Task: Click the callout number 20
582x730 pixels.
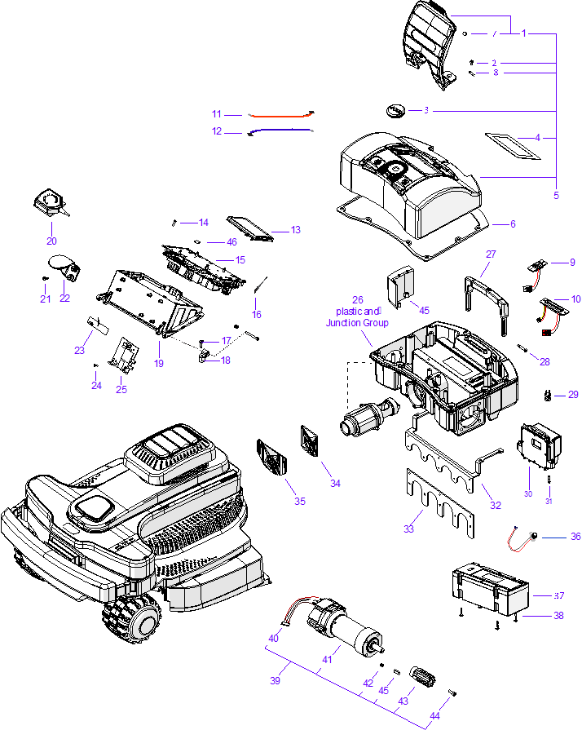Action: click(51, 241)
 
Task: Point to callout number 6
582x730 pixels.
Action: click(513, 223)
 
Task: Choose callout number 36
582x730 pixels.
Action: click(575, 537)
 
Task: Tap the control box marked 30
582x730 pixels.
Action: click(538, 445)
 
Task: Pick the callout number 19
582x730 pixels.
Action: click(159, 363)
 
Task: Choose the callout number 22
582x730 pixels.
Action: click(64, 299)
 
